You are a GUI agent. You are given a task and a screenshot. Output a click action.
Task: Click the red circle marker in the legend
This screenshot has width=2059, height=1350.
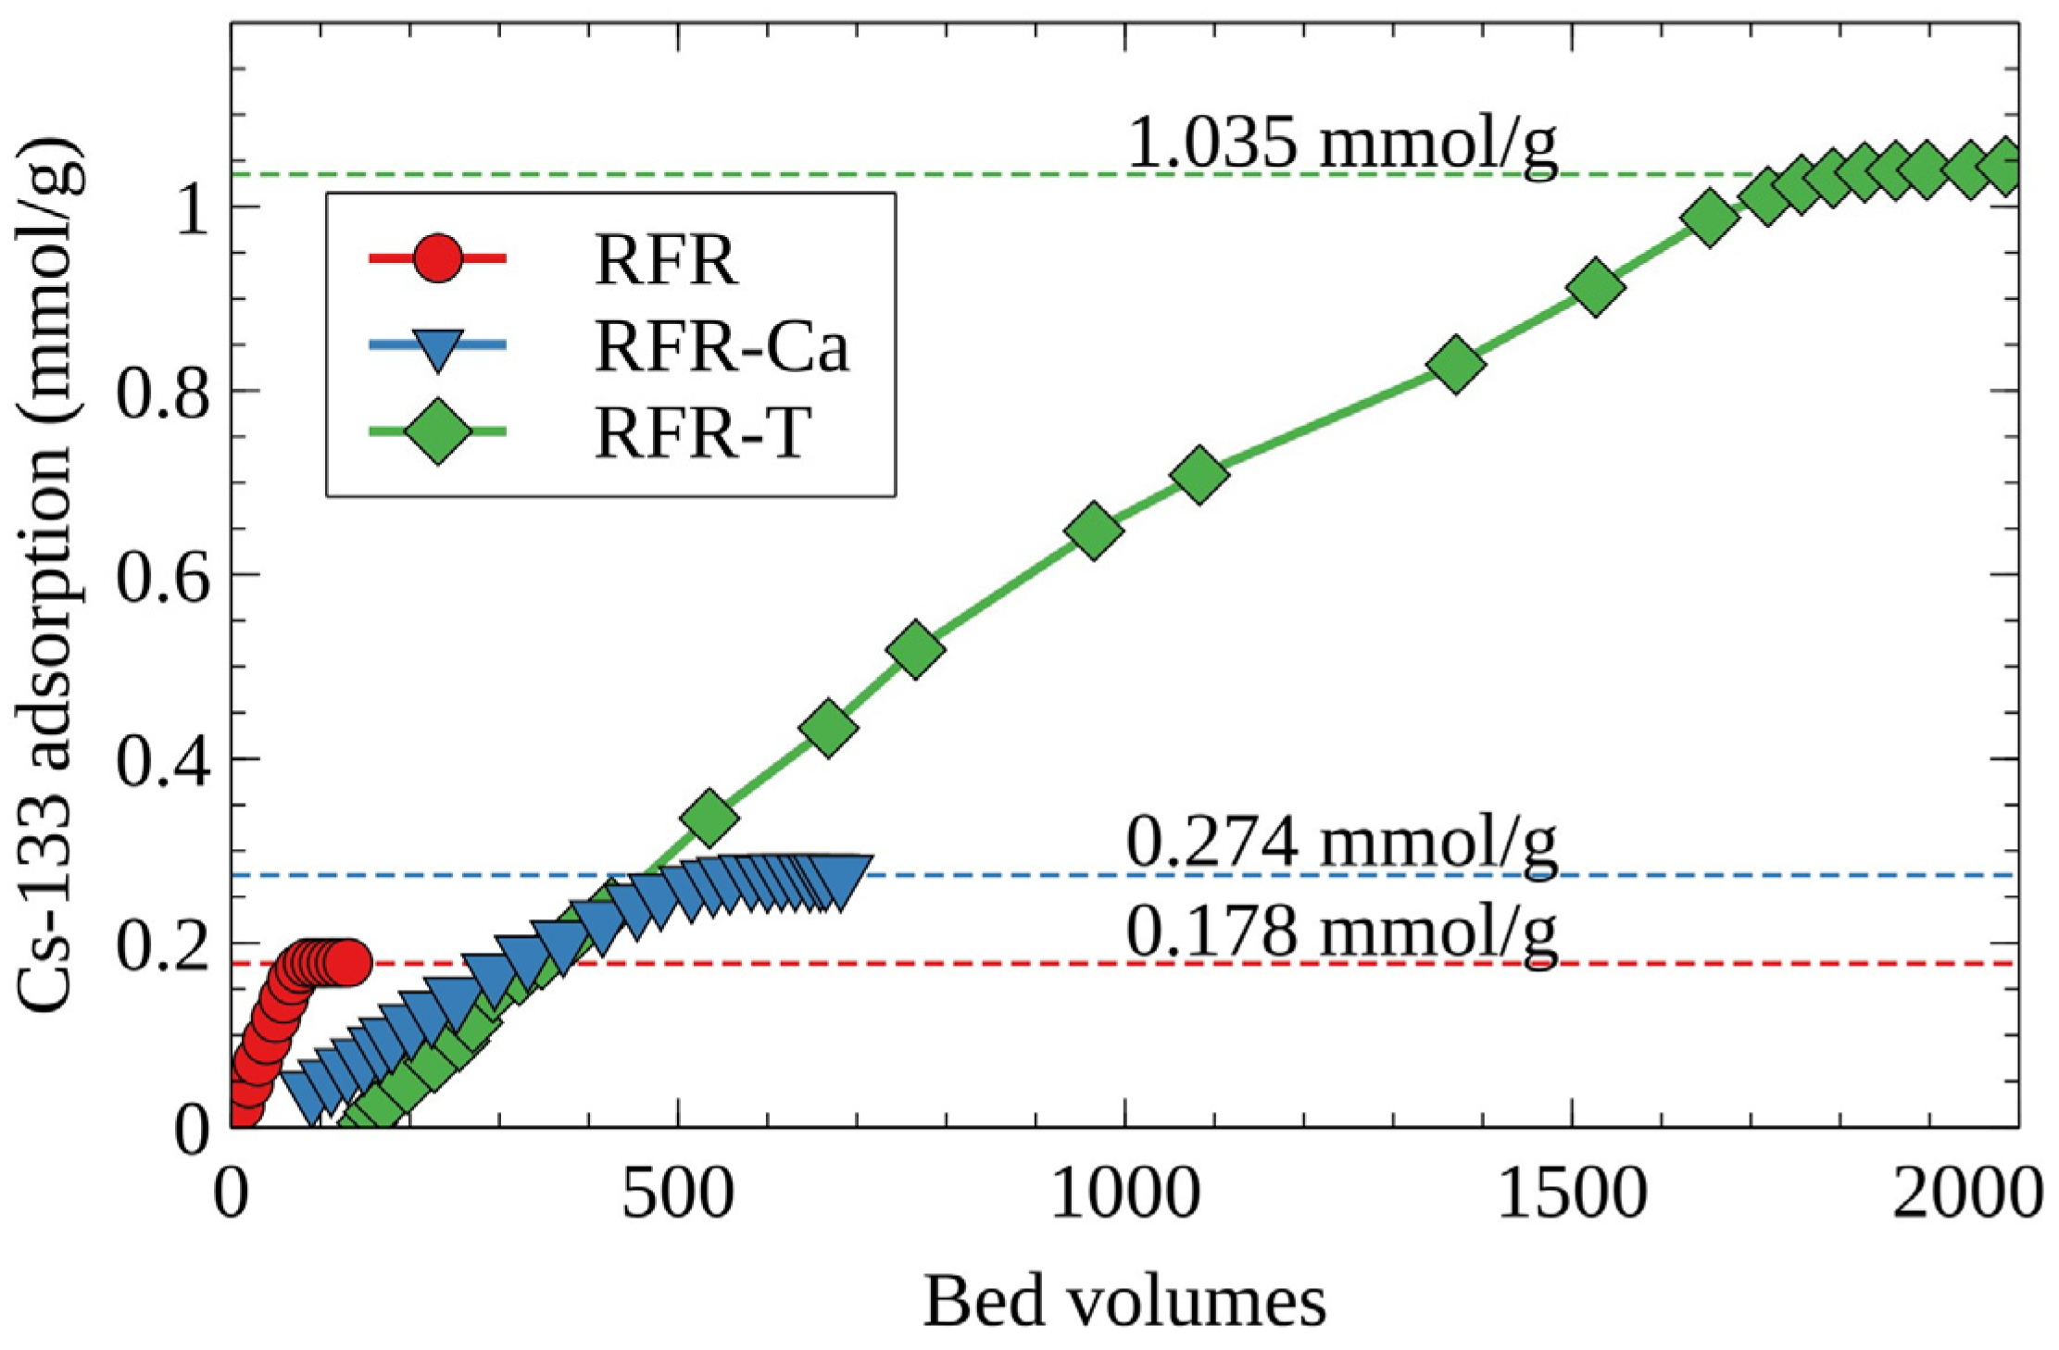437,259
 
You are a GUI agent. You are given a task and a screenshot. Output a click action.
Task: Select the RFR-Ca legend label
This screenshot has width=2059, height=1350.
721,347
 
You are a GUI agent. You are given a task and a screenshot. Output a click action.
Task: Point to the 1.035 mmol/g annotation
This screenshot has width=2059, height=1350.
1342,144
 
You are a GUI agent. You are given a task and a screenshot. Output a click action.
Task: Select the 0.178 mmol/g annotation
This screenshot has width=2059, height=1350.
1342,931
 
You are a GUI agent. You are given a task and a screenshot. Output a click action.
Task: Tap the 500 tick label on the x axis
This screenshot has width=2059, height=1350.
678,1195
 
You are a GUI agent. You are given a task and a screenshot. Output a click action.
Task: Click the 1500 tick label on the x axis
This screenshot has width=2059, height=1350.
1572,1195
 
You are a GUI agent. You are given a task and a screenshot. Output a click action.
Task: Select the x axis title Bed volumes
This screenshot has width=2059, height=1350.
1124,1302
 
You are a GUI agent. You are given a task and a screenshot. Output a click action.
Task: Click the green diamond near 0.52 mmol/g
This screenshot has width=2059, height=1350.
915,649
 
